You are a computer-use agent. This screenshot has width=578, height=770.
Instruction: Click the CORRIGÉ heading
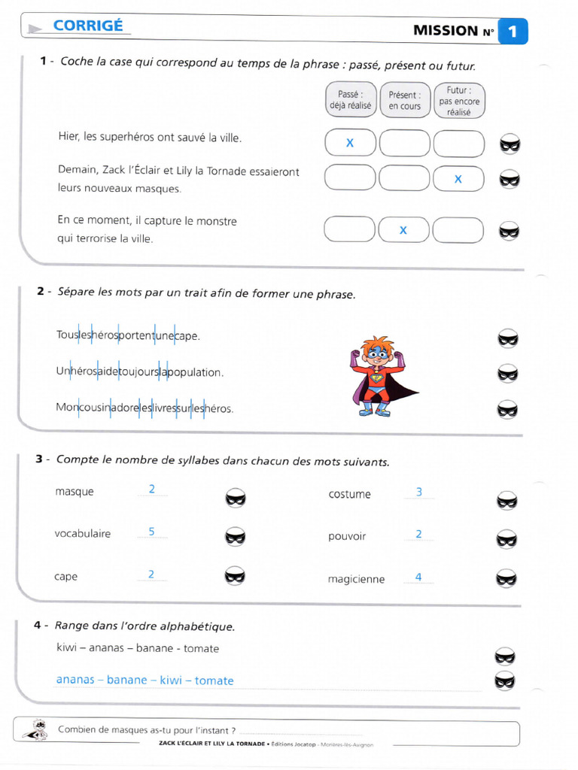pos(88,26)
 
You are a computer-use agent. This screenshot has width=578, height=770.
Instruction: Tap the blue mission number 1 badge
pos(513,32)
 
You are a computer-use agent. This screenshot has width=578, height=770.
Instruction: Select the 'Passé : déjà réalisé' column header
pos(351,100)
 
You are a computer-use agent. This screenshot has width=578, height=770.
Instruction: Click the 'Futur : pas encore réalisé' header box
pos(459,101)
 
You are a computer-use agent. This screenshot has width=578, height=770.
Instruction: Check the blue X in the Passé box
pos(350,143)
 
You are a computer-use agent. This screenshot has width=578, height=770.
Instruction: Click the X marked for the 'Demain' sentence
pos(458,179)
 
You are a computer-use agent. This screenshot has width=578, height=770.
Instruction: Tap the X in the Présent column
pos(403,230)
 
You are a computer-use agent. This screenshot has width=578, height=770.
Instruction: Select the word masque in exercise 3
pos(75,492)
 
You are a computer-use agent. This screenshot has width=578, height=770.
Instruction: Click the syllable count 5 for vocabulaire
pos(151,532)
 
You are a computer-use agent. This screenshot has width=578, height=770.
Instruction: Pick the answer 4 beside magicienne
pos(418,577)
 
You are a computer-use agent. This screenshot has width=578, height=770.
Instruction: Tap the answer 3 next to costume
pos(418,492)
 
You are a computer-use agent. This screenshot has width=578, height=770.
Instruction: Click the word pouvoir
pos(347,536)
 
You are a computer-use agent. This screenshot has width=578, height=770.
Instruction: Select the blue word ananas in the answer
pos(75,680)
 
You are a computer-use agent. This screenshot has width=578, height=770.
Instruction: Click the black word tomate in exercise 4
pos(201,648)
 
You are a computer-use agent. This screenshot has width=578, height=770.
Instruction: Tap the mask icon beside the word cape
pos(235,575)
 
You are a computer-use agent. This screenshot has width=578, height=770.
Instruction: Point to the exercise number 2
pos(41,291)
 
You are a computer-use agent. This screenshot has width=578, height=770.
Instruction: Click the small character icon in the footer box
pos(36,729)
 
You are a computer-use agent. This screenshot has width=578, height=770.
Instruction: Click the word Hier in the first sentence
pos(68,136)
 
